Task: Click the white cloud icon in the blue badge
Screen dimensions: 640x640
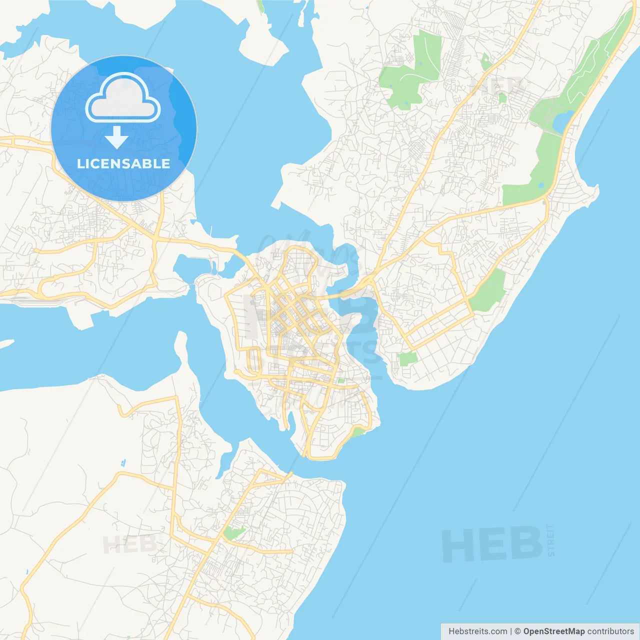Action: (123, 99)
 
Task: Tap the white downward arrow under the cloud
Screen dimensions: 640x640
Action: (117, 137)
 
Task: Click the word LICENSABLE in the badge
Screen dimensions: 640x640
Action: (123, 163)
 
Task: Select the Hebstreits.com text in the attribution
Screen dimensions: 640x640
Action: (477, 631)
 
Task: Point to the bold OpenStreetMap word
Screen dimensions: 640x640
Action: (554, 631)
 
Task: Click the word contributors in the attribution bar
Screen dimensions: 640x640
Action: (610, 631)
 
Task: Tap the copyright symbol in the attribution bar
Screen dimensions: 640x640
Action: (517, 631)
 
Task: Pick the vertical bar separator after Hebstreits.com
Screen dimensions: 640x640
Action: (510, 631)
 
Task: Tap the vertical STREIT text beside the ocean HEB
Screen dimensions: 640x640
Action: (551, 540)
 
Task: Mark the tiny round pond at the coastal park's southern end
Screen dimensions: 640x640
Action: (541, 185)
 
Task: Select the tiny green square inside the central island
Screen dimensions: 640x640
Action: (341, 381)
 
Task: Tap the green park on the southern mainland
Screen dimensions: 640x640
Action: (233, 532)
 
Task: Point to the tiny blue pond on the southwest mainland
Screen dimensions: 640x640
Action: (123, 462)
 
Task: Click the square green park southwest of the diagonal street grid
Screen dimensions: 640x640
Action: (407, 358)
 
